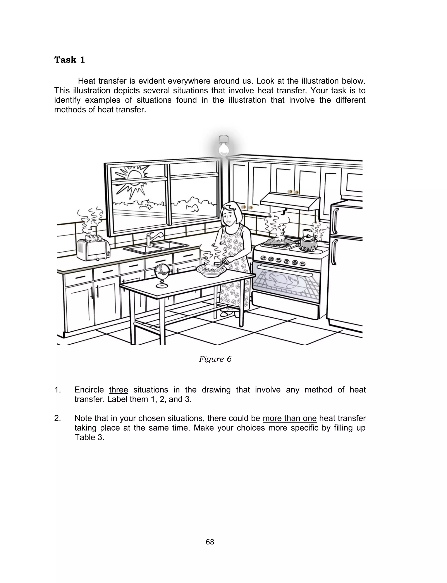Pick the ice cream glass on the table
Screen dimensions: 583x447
point(162,275)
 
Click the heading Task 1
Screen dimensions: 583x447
point(70,60)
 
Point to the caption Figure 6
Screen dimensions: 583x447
point(215,359)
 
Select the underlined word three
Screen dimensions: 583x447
point(118,390)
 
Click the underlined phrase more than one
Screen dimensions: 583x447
point(289,418)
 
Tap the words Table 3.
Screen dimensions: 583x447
point(89,437)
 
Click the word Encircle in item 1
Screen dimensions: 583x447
point(89,390)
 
